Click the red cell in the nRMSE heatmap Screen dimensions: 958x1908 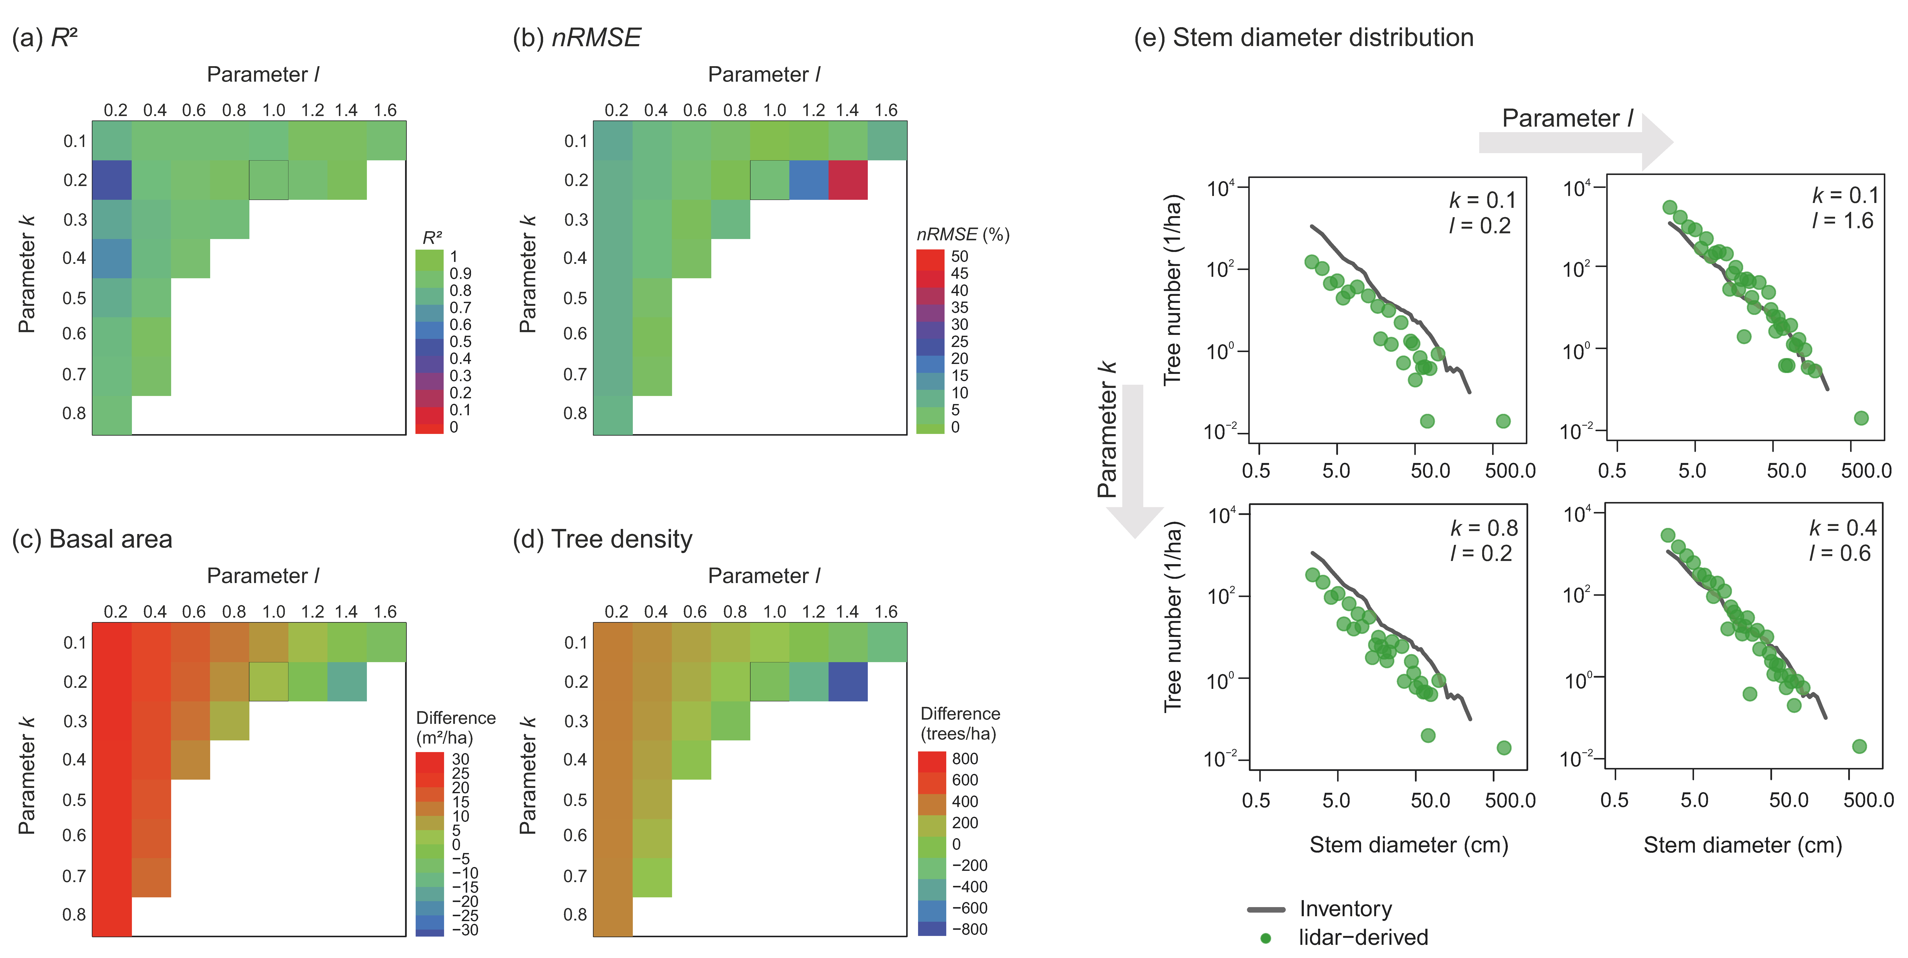pyautogui.click(x=847, y=180)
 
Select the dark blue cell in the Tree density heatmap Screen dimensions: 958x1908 pyautogui.click(x=847, y=682)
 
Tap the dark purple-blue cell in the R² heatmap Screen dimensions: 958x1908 pyautogui.click(x=112, y=180)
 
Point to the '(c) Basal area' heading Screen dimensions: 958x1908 pyautogui.click(x=92, y=539)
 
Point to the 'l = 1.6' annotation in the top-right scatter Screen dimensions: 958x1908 pyautogui.click(x=1842, y=221)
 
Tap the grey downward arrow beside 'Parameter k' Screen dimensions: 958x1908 pyautogui.click(x=1133, y=459)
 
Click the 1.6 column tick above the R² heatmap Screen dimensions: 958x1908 pyautogui.click(x=385, y=110)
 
